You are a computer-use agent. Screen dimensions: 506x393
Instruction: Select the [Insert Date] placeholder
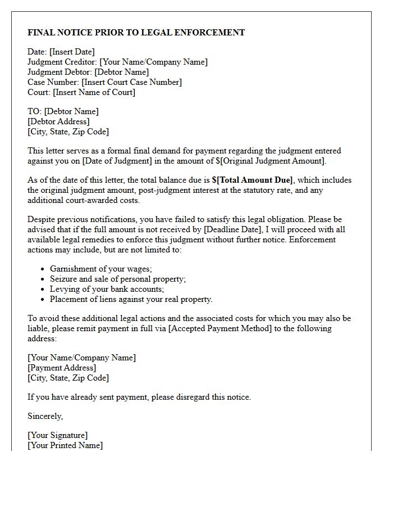[x=72, y=52]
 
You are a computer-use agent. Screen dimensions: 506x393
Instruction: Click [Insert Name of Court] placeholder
[x=94, y=92]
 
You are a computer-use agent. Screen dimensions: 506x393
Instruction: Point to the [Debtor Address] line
[x=58, y=121]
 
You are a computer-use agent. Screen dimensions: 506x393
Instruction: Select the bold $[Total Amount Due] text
[x=253, y=180]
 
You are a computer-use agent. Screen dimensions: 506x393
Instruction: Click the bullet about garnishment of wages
[x=101, y=269]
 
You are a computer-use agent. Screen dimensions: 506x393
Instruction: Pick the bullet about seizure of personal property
[x=118, y=279]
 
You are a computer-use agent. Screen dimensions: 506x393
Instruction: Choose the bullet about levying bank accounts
[x=107, y=289]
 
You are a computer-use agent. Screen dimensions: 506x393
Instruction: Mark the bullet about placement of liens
[x=131, y=299]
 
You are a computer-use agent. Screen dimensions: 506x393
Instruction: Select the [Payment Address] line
[x=62, y=368]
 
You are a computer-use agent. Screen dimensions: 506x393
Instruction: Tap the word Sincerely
[x=45, y=416]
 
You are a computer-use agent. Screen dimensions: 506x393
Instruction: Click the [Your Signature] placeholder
[x=58, y=435]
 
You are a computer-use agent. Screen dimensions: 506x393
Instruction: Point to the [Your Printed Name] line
[x=65, y=445]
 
